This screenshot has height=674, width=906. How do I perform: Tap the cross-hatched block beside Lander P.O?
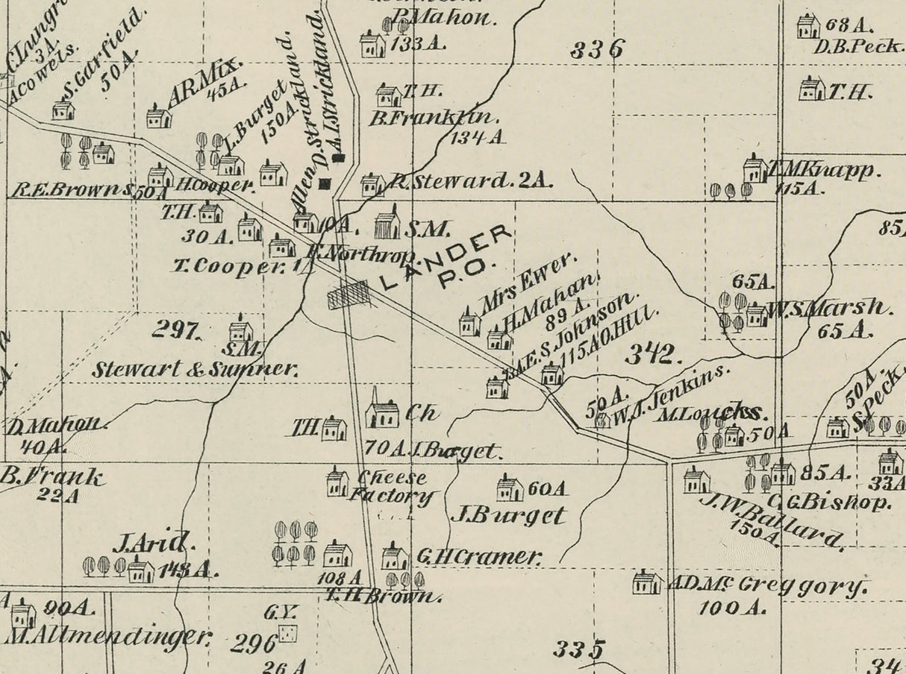(x=349, y=295)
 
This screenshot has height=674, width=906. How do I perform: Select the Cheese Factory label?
(x=392, y=487)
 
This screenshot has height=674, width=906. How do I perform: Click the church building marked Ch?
(x=383, y=412)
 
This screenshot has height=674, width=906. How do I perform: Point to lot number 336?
(x=597, y=50)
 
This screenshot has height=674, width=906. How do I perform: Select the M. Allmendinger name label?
(x=107, y=637)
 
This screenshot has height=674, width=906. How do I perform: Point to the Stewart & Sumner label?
(x=196, y=368)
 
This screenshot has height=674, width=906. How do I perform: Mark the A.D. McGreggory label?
(x=769, y=585)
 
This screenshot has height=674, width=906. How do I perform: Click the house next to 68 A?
(x=807, y=27)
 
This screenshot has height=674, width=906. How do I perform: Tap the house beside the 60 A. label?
(x=510, y=488)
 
